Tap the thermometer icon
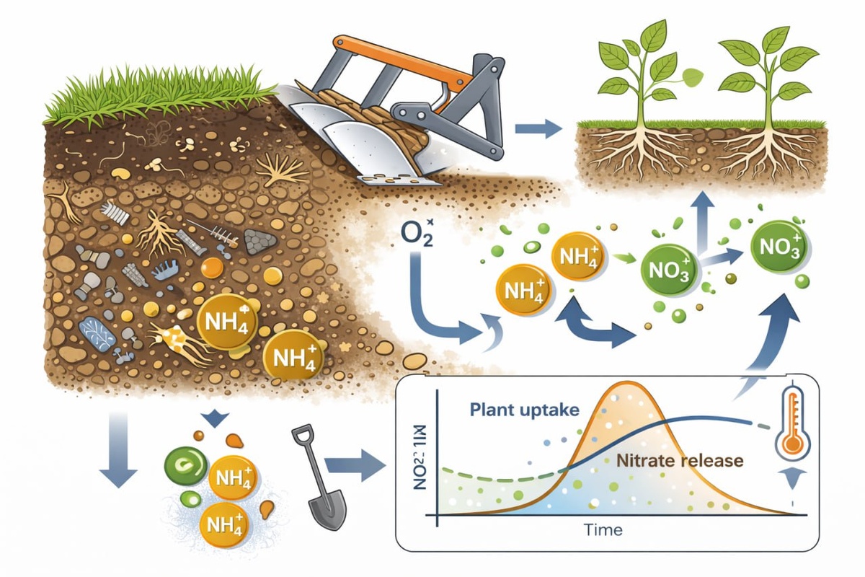792,426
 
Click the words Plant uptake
524,410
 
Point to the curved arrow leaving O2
432,310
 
